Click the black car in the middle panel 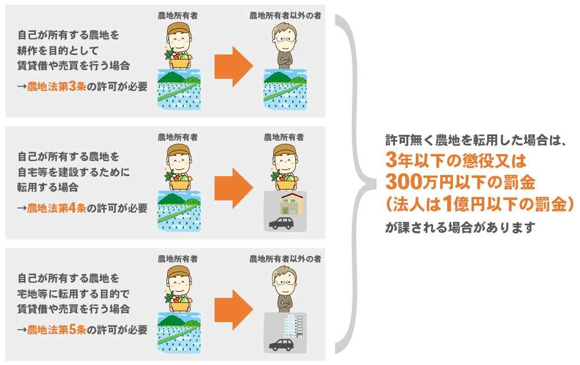(282, 223)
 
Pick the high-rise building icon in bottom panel (293, 326)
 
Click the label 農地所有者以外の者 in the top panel (285, 16)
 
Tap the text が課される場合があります (459, 226)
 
